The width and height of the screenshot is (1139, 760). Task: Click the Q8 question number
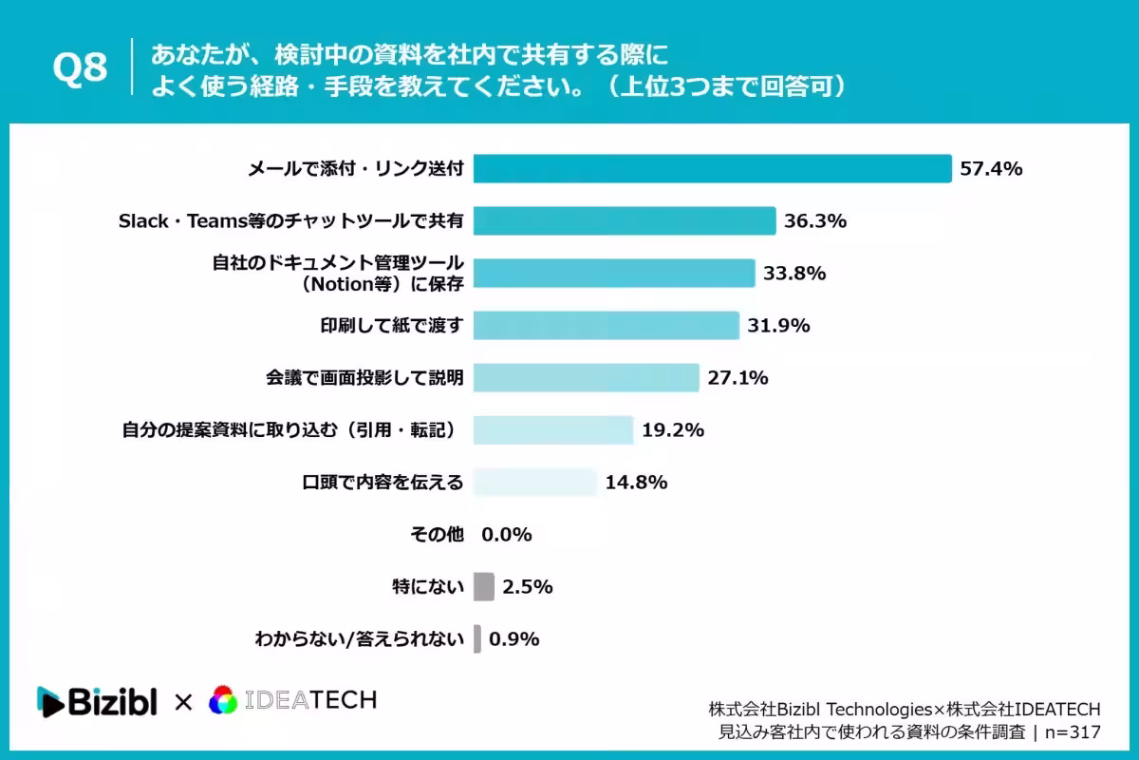coord(80,67)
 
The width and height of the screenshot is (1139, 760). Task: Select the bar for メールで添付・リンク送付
coord(713,168)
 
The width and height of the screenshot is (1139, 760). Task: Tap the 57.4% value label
coord(991,168)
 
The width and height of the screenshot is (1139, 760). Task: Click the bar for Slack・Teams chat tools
coord(625,221)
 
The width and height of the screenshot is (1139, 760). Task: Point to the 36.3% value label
coord(815,221)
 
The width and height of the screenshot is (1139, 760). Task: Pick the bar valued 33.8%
coord(614,274)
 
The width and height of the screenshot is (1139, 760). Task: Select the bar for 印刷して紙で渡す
coord(607,325)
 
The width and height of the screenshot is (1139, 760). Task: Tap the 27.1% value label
coord(738,378)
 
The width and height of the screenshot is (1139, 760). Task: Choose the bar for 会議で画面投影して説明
coord(587,378)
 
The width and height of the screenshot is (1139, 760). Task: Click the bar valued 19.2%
coord(553,430)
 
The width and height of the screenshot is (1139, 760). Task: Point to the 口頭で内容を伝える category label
coord(383,482)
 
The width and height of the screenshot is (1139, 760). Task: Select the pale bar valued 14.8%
coord(535,482)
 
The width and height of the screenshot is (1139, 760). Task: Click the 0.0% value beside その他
coord(507,535)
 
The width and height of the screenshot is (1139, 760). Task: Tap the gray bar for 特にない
coord(483,587)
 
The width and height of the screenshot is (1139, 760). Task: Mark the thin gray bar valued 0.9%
coord(476,638)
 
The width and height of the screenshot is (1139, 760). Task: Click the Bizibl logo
coord(97,702)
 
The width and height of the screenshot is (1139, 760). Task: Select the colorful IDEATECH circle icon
coord(223,699)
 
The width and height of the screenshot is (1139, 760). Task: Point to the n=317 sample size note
coord(1073,732)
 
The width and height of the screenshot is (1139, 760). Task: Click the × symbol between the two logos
coord(183,702)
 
